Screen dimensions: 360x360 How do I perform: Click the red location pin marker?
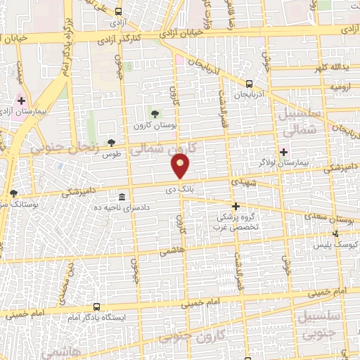(181, 167)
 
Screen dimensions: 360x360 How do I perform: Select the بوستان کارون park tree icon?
(154, 114)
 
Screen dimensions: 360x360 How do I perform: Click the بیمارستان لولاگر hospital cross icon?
(283, 152)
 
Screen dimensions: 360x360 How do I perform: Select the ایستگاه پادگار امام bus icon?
(96, 307)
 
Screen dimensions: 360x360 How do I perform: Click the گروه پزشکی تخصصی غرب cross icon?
(236, 206)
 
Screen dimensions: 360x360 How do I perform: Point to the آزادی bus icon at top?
(117, 11)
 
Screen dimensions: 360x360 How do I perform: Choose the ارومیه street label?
(336, 87)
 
